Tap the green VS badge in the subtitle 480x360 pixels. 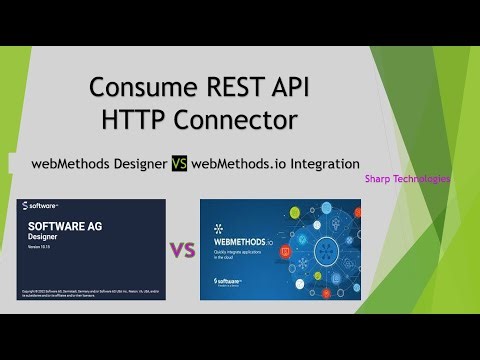pyautogui.click(x=178, y=163)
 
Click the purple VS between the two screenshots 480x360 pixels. pyautogui.click(x=181, y=249)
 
